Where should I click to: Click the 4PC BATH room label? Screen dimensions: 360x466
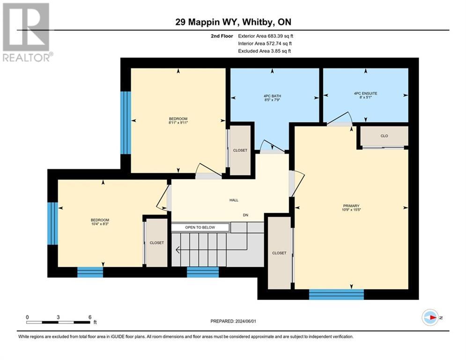(272, 97)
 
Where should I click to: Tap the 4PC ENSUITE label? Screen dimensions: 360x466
(365, 93)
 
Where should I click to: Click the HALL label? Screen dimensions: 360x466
(233, 200)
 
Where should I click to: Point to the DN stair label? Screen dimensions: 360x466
(245, 215)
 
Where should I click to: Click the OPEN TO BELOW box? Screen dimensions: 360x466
(200, 227)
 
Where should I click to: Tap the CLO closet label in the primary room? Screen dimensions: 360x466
(384, 136)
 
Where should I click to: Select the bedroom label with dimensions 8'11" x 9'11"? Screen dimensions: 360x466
(178, 120)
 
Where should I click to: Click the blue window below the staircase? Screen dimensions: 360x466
(202, 272)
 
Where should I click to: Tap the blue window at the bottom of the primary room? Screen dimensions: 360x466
(336, 294)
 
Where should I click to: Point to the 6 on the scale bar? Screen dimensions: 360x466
(89, 317)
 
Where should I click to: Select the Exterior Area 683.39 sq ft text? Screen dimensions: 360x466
(265, 36)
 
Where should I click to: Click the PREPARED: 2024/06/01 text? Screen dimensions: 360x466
(234, 321)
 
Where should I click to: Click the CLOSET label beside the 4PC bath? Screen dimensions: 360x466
(240, 150)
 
